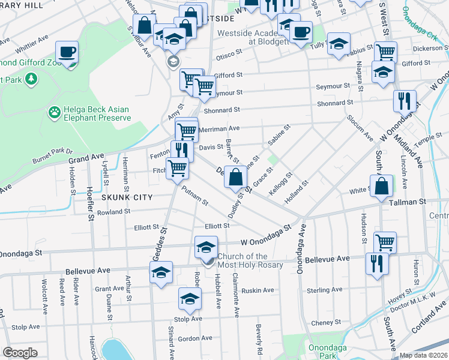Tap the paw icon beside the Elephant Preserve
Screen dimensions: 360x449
54,112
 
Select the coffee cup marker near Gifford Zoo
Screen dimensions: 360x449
67,52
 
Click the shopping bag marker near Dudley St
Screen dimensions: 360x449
237,177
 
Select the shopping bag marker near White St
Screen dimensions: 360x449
382,187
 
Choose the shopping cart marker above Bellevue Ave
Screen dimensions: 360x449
385,242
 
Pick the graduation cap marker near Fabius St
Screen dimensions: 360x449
339,44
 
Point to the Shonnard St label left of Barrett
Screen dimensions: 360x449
221,110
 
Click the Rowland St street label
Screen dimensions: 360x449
113,212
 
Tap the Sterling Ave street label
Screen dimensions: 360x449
324,290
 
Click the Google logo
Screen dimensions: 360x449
20,353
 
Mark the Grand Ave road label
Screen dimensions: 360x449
86,158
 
